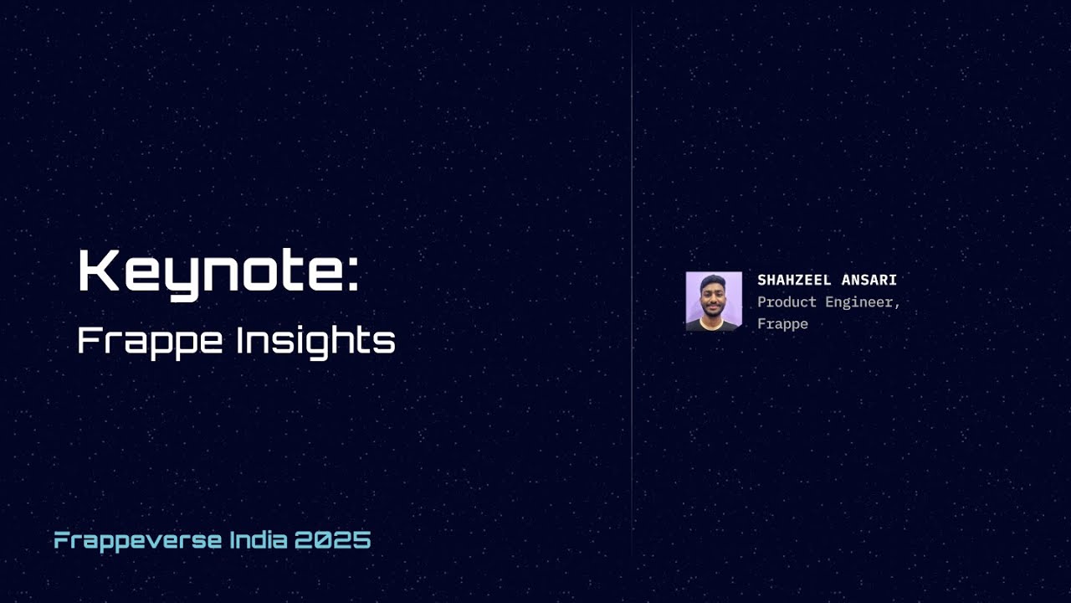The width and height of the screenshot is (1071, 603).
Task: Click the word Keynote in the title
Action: (x=209, y=272)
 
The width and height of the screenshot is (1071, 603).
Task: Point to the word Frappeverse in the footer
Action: (x=138, y=540)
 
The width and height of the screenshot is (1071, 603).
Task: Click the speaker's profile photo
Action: (x=714, y=301)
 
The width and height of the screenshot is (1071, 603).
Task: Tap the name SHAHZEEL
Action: (x=795, y=280)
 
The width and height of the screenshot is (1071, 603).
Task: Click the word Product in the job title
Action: (x=787, y=301)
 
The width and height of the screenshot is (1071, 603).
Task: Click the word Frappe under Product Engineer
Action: (x=782, y=323)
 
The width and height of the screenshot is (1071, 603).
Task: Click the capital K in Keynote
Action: (x=95, y=271)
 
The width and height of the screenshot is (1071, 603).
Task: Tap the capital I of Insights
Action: (x=240, y=339)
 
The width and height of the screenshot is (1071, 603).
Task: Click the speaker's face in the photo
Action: (x=712, y=299)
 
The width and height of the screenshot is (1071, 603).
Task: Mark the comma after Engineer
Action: (x=897, y=306)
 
